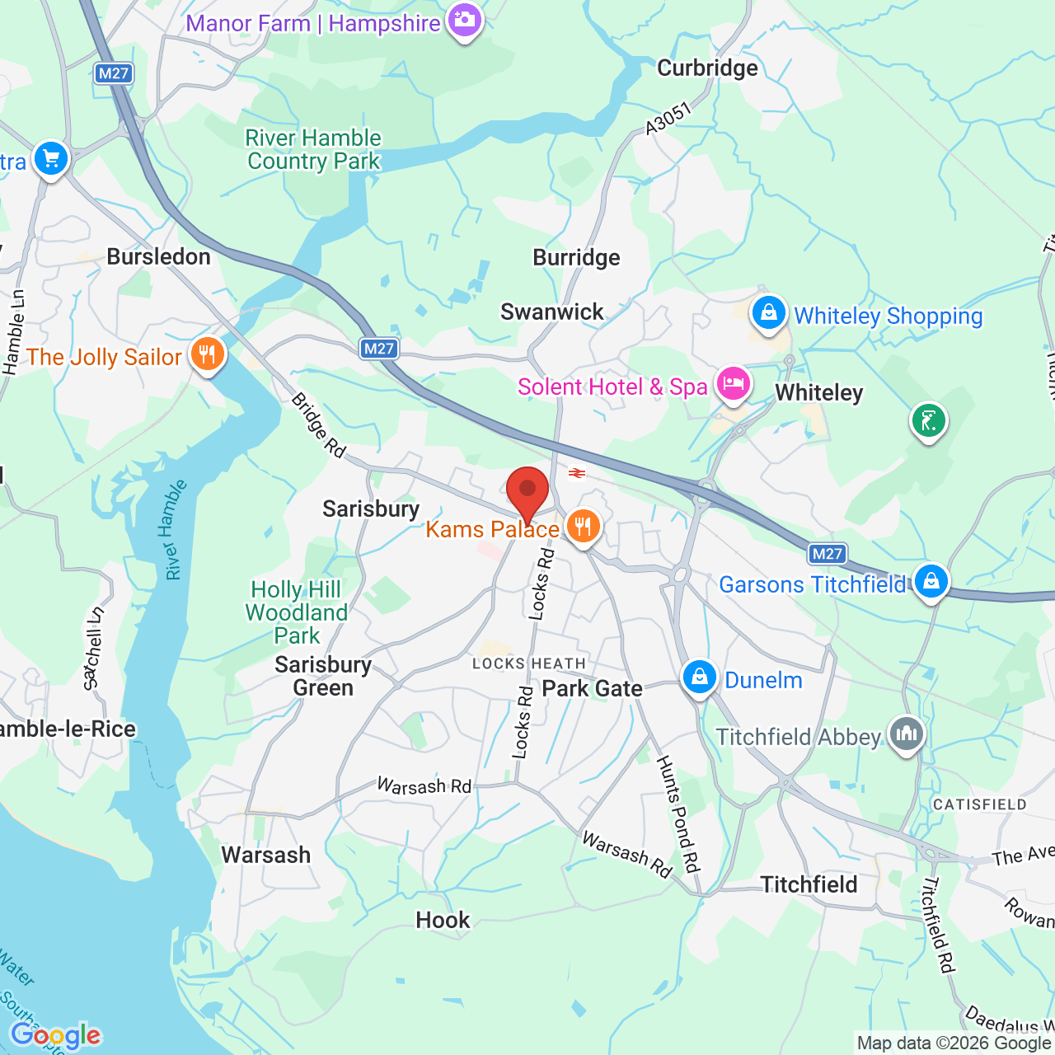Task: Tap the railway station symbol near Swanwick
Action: tap(577, 472)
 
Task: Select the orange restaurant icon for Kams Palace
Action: tap(584, 526)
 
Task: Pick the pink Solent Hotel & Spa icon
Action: tap(733, 384)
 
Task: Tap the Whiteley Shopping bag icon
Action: tap(768, 314)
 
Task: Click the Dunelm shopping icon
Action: tap(699, 678)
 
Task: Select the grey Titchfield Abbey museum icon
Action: tap(907, 734)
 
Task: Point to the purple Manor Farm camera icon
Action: tap(465, 21)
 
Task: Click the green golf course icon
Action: tap(929, 421)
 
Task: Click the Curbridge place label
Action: tap(707, 68)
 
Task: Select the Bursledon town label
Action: tap(159, 257)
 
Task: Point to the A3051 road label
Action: tap(668, 119)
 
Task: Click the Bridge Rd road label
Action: tap(318, 425)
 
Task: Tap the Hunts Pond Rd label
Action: tap(678, 814)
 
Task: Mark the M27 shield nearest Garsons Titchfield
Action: tap(827, 554)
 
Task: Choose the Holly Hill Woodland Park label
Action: tap(297, 612)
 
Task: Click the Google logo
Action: tap(56, 1034)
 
